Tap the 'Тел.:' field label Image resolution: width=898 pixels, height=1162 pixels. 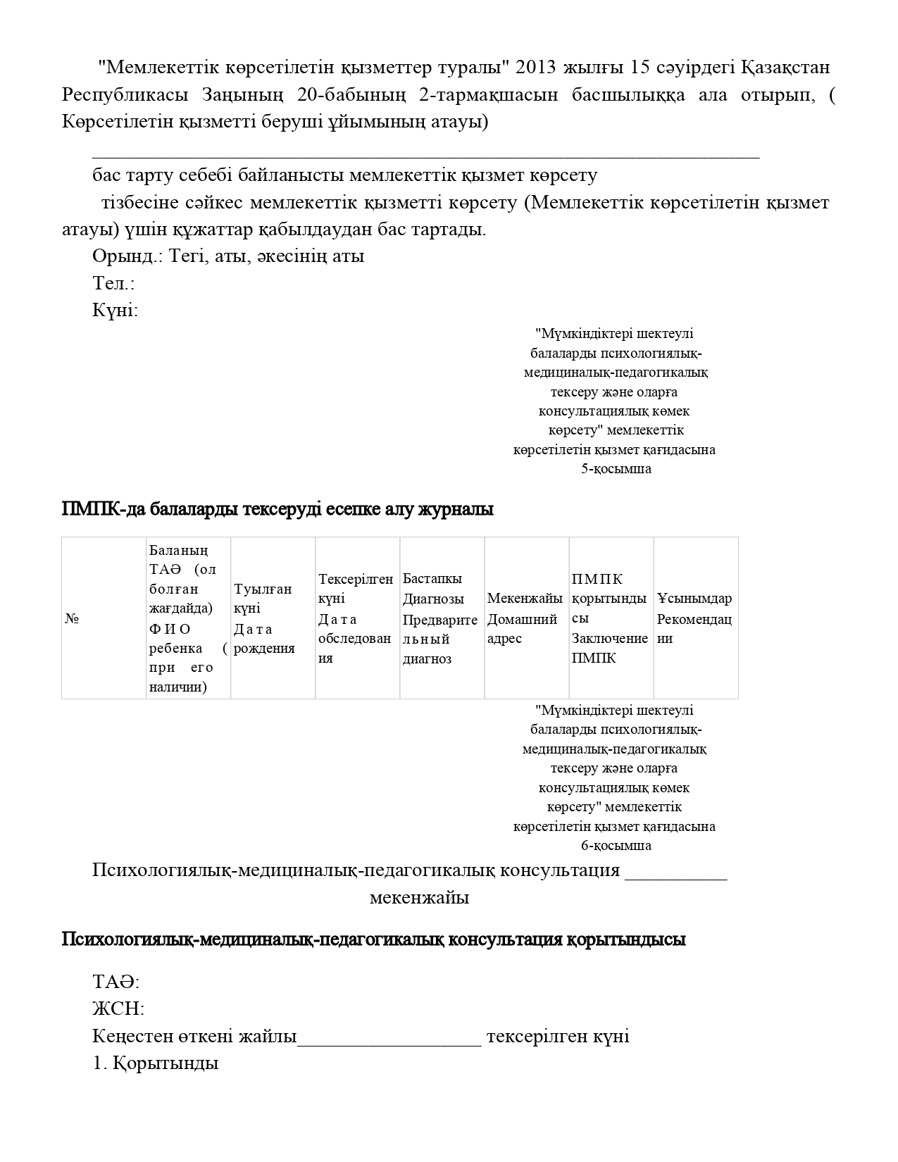pyautogui.click(x=113, y=284)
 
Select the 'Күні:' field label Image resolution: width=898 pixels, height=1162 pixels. pyautogui.click(x=115, y=311)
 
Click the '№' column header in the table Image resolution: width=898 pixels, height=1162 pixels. pyautogui.click(x=72, y=618)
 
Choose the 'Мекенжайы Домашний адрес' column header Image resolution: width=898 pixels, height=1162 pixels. pyautogui.click(x=525, y=618)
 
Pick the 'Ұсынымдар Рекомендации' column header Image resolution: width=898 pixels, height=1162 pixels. pyautogui.click(x=694, y=618)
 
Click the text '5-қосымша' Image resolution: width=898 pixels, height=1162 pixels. pyautogui.click(x=616, y=469)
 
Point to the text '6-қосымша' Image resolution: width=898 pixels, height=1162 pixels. pyautogui.click(x=616, y=846)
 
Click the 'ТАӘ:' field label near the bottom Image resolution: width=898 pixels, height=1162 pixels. pyautogui.click(x=116, y=982)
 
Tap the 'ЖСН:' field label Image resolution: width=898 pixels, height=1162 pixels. pyautogui.click(x=118, y=1009)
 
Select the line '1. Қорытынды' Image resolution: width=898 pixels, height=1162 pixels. pyautogui.click(x=155, y=1063)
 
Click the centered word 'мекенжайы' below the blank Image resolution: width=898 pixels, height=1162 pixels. pyautogui.click(x=419, y=898)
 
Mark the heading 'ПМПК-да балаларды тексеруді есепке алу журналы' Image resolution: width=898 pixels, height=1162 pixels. pyautogui.click(x=277, y=509)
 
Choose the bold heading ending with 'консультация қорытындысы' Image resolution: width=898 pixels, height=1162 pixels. pyautogui.click(x=373, y=939)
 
